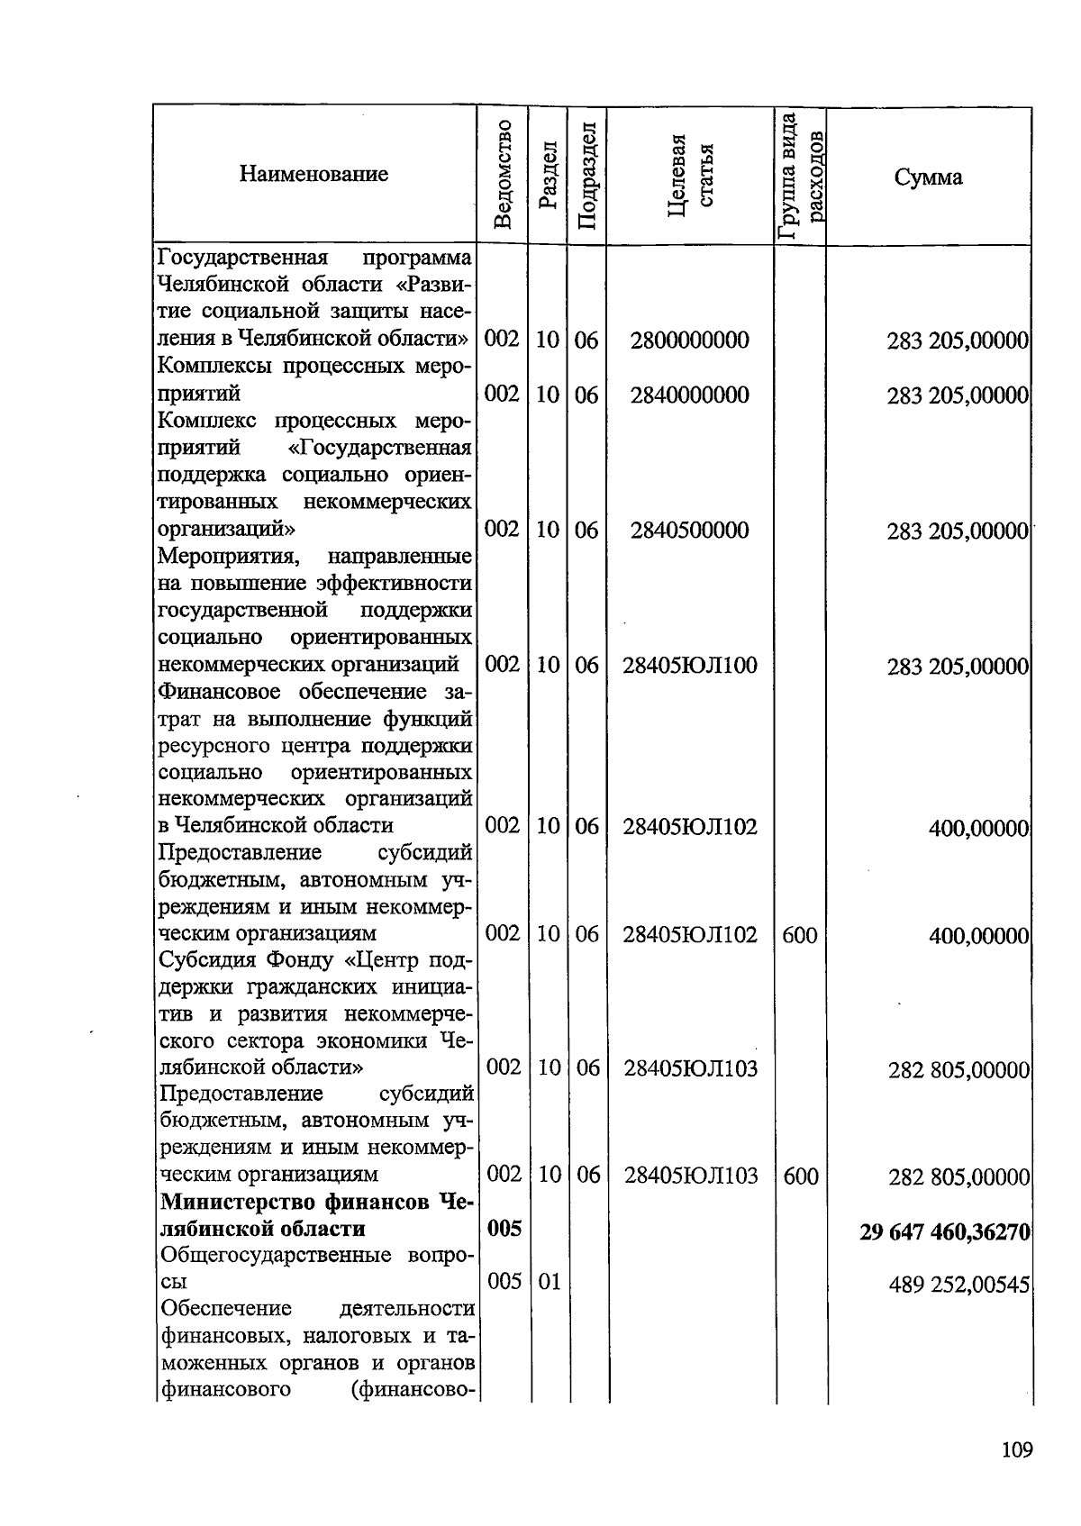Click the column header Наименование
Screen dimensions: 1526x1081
(313, 174)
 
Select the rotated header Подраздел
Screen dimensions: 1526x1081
(586, 176)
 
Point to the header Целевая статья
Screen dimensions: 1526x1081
(691, 175)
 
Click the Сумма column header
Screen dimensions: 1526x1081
(928, 177)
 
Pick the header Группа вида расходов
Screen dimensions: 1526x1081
(801, 176)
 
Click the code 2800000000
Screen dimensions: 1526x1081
(689, 341)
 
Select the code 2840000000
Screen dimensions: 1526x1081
(689, 395)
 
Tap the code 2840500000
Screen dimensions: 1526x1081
(689, 530)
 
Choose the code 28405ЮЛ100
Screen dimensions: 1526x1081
(690, 666)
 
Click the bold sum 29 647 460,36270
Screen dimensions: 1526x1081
(944, 1231)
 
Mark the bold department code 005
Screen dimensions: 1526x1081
(504, 1229)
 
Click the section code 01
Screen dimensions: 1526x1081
(549, 1282)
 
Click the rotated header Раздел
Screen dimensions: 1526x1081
(548, 175)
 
